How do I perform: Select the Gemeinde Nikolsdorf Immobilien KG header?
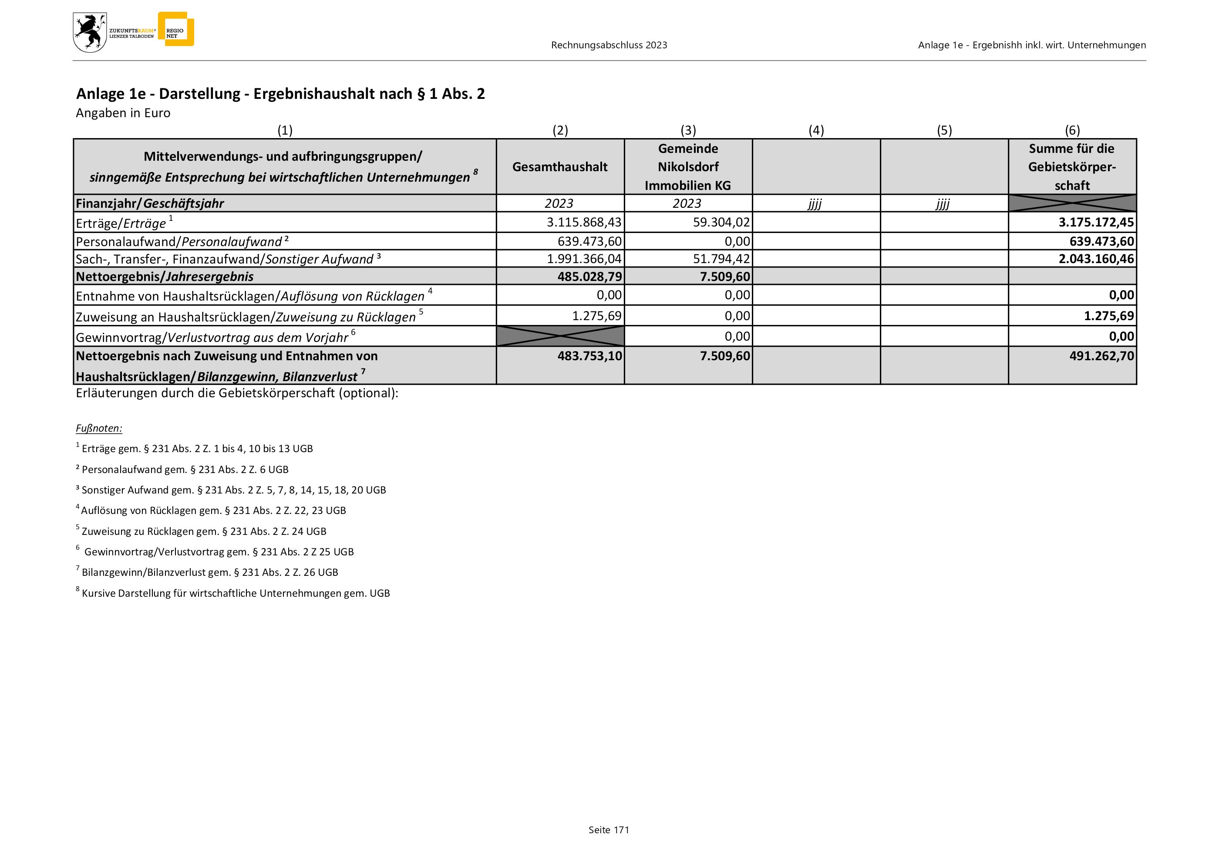(x=687, y=167)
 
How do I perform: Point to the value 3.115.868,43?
(x=584, y=222)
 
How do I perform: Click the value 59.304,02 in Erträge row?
(x=721, y=222)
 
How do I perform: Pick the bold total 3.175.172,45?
(x=1096, y=222)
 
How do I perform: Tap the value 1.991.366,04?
(x=584, y=259)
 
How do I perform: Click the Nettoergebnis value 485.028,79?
(x=589, y=276)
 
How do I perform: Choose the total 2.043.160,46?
(x=1096, y=259)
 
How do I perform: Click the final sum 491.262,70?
(x=1101, y=356)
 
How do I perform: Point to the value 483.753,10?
(x=589, y=356)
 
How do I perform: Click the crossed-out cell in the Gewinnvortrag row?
(x=560, y=336)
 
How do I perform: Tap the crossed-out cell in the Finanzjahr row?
(x=1072, y=203)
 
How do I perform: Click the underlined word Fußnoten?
(x=99, y=428)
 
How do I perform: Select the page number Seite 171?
(x=609, y=830)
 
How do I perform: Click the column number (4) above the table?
(x=816, y=130)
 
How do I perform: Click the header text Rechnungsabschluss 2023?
(x=609, y=45)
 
